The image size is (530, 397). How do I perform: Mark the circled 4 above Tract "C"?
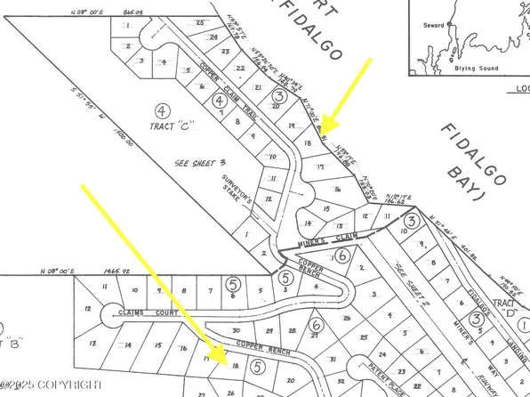click(161, 112)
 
